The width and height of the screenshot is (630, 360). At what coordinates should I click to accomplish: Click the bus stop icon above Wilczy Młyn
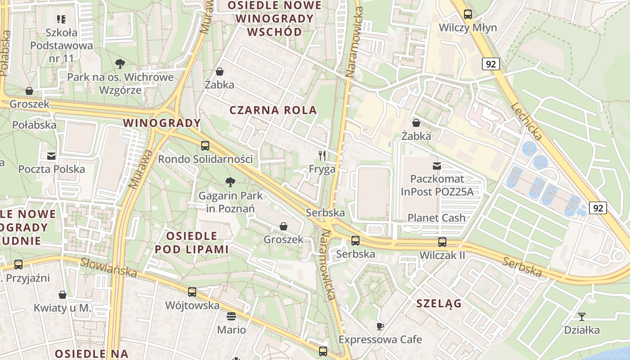point(468,14)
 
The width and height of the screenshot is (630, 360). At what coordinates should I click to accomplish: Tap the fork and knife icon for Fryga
point(322,156)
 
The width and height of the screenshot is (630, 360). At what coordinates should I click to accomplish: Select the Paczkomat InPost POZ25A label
point(437,185)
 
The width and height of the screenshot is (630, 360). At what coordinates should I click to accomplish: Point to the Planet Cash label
point(436,218)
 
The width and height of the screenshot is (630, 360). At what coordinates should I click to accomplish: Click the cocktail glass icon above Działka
point(582,317)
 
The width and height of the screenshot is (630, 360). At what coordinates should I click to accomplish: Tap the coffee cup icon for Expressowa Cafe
point(380,326)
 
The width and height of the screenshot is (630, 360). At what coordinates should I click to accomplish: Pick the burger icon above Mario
point(231,316)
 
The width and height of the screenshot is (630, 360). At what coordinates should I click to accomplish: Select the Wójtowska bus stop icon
point(192,292)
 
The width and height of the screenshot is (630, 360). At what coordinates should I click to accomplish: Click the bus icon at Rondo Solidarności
point(205,146)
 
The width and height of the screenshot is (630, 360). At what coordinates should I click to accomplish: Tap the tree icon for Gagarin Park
point(230,182)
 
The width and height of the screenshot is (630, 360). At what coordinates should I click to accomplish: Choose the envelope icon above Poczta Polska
point(51,156)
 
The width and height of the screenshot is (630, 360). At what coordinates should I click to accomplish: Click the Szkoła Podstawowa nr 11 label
point(62,45)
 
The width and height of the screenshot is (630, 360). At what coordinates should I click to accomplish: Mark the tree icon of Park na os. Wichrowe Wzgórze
point(120,64)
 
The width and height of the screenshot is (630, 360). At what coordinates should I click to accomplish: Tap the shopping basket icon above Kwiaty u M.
point(63,295)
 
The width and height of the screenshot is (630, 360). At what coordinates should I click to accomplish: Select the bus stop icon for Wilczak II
point(442,242)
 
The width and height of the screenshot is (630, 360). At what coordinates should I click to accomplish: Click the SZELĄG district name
point(439,303)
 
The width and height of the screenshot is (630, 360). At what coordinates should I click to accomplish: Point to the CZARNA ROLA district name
point(273,110)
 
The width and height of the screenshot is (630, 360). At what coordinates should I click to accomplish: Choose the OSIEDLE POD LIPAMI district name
point(192,242)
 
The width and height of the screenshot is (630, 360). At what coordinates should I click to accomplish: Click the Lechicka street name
point(527,122)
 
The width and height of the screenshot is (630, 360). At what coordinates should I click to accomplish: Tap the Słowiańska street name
point(108,267)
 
